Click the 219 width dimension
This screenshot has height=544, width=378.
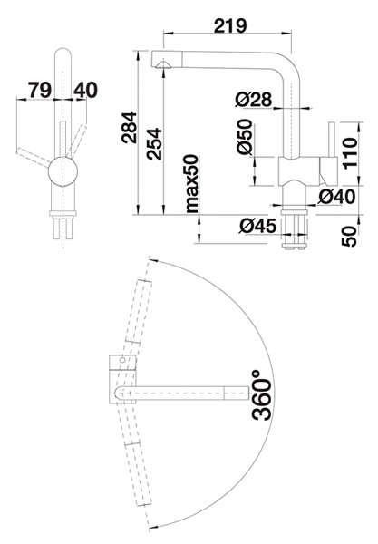pos(230,25)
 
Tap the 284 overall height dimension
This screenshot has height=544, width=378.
pos(129,127)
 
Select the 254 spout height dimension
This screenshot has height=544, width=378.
pos(153,143)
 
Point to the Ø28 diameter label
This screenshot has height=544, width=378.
pos(253,100)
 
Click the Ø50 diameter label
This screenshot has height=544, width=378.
pos(244,137)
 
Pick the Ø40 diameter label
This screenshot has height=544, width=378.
pos(336,197)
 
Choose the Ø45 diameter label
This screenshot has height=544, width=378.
pos(257,227)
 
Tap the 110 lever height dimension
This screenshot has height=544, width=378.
pos(349,152)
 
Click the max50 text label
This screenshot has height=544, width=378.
pos(192,183)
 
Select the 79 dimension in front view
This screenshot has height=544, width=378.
pos(40,90)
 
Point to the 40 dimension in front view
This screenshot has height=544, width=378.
pos(85,90)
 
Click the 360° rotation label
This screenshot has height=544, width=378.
pos(261,395)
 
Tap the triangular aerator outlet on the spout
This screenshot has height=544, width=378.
pos(162,64)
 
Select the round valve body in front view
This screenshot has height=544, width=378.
pos(63,171)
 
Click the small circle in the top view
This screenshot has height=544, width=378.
pos(121,360)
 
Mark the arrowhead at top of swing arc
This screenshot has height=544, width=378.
pos(152,260)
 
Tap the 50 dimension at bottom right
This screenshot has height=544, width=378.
pos(349,237)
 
